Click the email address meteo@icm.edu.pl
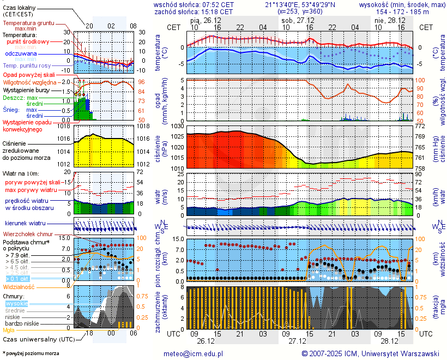(x=194, y=353)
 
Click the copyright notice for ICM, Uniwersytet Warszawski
(x=371, y=353)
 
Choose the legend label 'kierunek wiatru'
(x=25, y=224)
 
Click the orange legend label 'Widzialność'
(x=19, y=286)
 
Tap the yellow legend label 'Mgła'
(x=9, y=330)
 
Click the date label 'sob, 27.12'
(x=294, y=20)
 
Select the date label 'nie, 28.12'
(x=387, y=20)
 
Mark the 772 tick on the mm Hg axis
(x=420, y=127)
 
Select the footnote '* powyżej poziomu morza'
(x=31, y=353)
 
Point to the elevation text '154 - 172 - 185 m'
(x=403, y=11)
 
